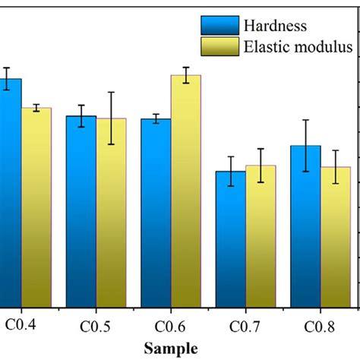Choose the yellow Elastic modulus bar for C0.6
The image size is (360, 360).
[186, 190]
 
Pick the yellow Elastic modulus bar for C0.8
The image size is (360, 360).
[336, 236]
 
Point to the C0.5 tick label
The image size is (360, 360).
[96, 327]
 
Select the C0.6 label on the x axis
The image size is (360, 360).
[172, 327]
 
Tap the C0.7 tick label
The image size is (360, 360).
[246, 327]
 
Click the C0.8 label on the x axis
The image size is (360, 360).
[321, 327]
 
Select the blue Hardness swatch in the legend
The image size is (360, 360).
[220, 25]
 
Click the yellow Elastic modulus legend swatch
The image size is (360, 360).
[220, 47]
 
